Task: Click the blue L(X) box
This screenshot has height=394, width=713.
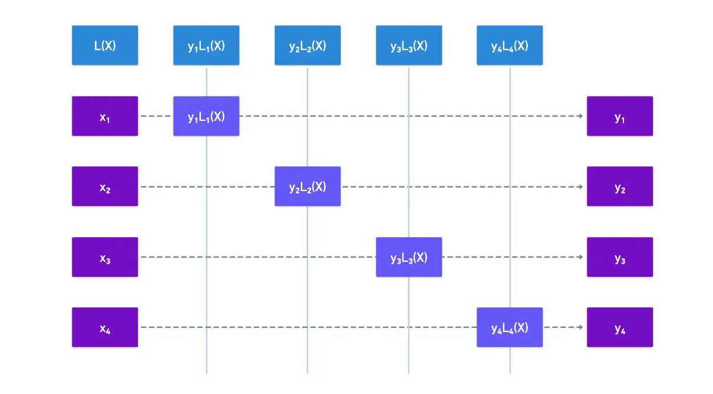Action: click(105, 45)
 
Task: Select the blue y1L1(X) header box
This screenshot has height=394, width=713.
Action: click(206, 45)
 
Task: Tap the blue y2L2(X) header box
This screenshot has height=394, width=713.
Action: click(308, 45)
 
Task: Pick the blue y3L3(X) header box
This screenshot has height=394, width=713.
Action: click(409, 45)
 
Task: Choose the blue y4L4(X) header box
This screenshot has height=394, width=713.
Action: click(510, 45)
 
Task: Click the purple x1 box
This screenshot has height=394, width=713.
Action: click(105, 116)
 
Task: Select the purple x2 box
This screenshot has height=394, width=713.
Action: click(105, 186)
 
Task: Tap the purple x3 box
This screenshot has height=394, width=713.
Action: click(105, 257)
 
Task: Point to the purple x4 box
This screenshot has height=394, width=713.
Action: click(105, 327)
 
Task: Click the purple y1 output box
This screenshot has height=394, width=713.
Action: click(620, 116)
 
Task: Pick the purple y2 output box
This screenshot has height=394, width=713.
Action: click(620, 186)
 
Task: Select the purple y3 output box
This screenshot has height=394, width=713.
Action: click(620, 257)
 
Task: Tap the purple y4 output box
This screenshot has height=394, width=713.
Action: click(620, 327)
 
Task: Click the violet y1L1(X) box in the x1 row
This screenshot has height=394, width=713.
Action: click(206, 116)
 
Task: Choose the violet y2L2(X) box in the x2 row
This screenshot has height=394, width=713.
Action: click(308, 186)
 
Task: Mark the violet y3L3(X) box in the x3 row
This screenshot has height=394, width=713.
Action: click(409, 257)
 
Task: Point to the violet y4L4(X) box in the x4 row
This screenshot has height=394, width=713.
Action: click(510, 327)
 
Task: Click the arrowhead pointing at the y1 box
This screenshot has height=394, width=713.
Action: click(581, 116)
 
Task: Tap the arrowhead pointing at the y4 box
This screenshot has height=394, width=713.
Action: click(581, 327)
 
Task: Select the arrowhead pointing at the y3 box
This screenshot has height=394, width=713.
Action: click(581, 257)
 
